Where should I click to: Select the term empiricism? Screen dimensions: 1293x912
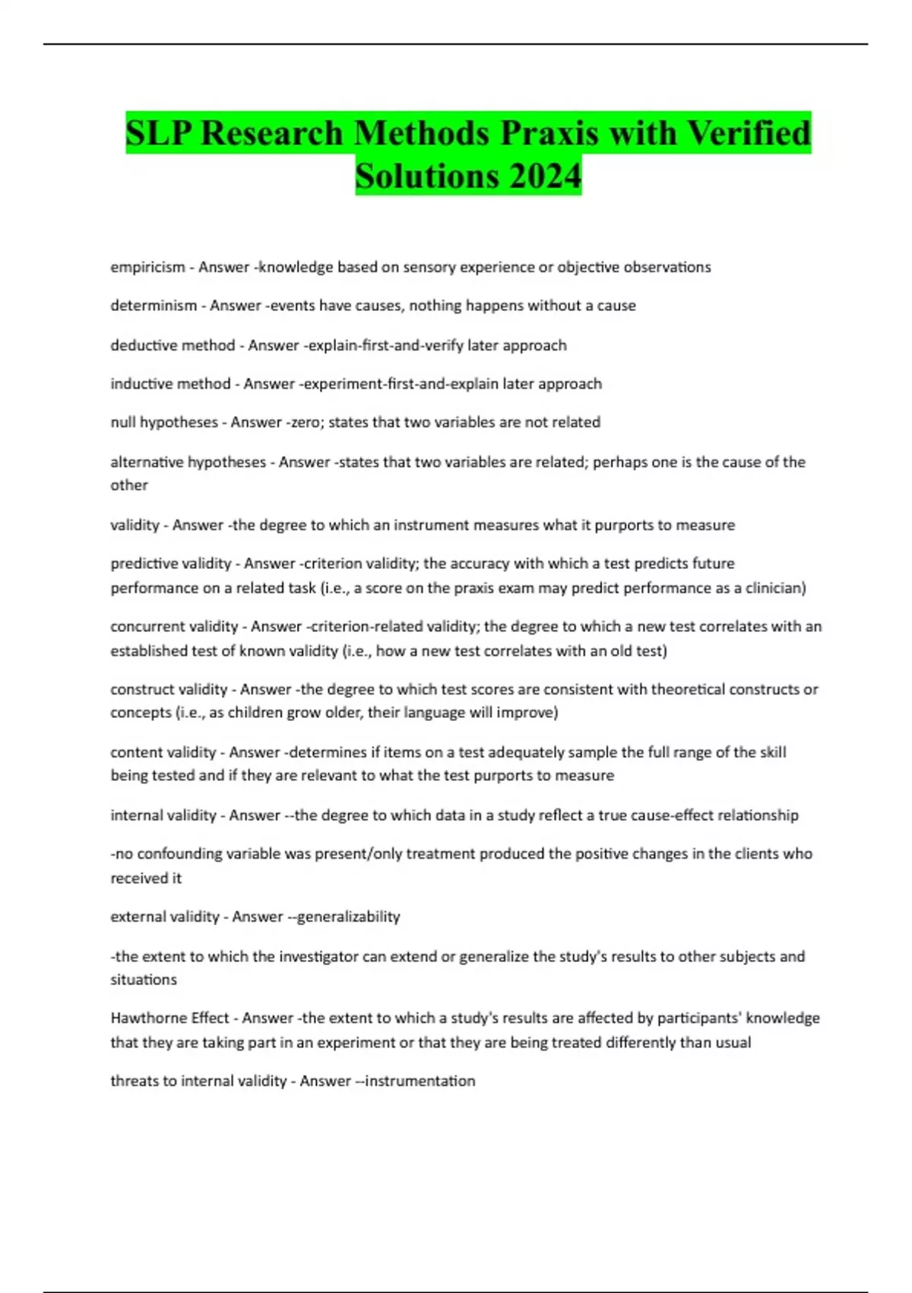147,267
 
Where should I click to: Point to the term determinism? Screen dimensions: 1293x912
154,306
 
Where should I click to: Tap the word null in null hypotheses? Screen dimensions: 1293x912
123,422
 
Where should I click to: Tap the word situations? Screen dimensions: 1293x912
144,980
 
